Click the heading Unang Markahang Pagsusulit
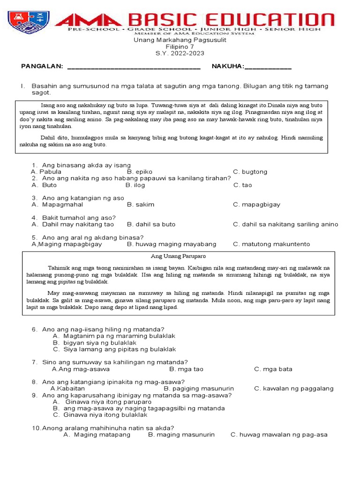click(180, 40)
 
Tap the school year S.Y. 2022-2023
click(180, 53)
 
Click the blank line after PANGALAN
click(134, 67)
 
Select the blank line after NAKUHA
click(268, 67)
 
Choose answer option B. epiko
click(140, 172)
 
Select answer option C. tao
click(242, 185)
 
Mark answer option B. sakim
click(141, 205)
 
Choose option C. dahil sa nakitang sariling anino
click(285, 225)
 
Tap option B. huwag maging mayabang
click(172, 244)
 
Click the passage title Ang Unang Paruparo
click(178, 257)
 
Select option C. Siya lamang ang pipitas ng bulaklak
click(114, 349)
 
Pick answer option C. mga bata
click(273, 369)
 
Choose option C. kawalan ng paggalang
click(294, 389)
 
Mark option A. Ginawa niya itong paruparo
click(102, 402)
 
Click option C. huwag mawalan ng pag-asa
click(279, 435)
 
